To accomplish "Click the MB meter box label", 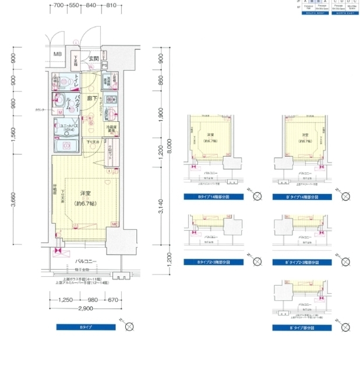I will click(58, 55).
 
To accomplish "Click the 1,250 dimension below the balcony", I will click(66, 300).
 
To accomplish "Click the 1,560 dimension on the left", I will click(13, 135).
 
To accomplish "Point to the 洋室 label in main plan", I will click(86, 193).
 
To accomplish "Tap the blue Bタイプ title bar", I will click(86, 328).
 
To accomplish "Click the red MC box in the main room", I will click(114, 224).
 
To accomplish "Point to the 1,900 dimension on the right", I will click(161, 114).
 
